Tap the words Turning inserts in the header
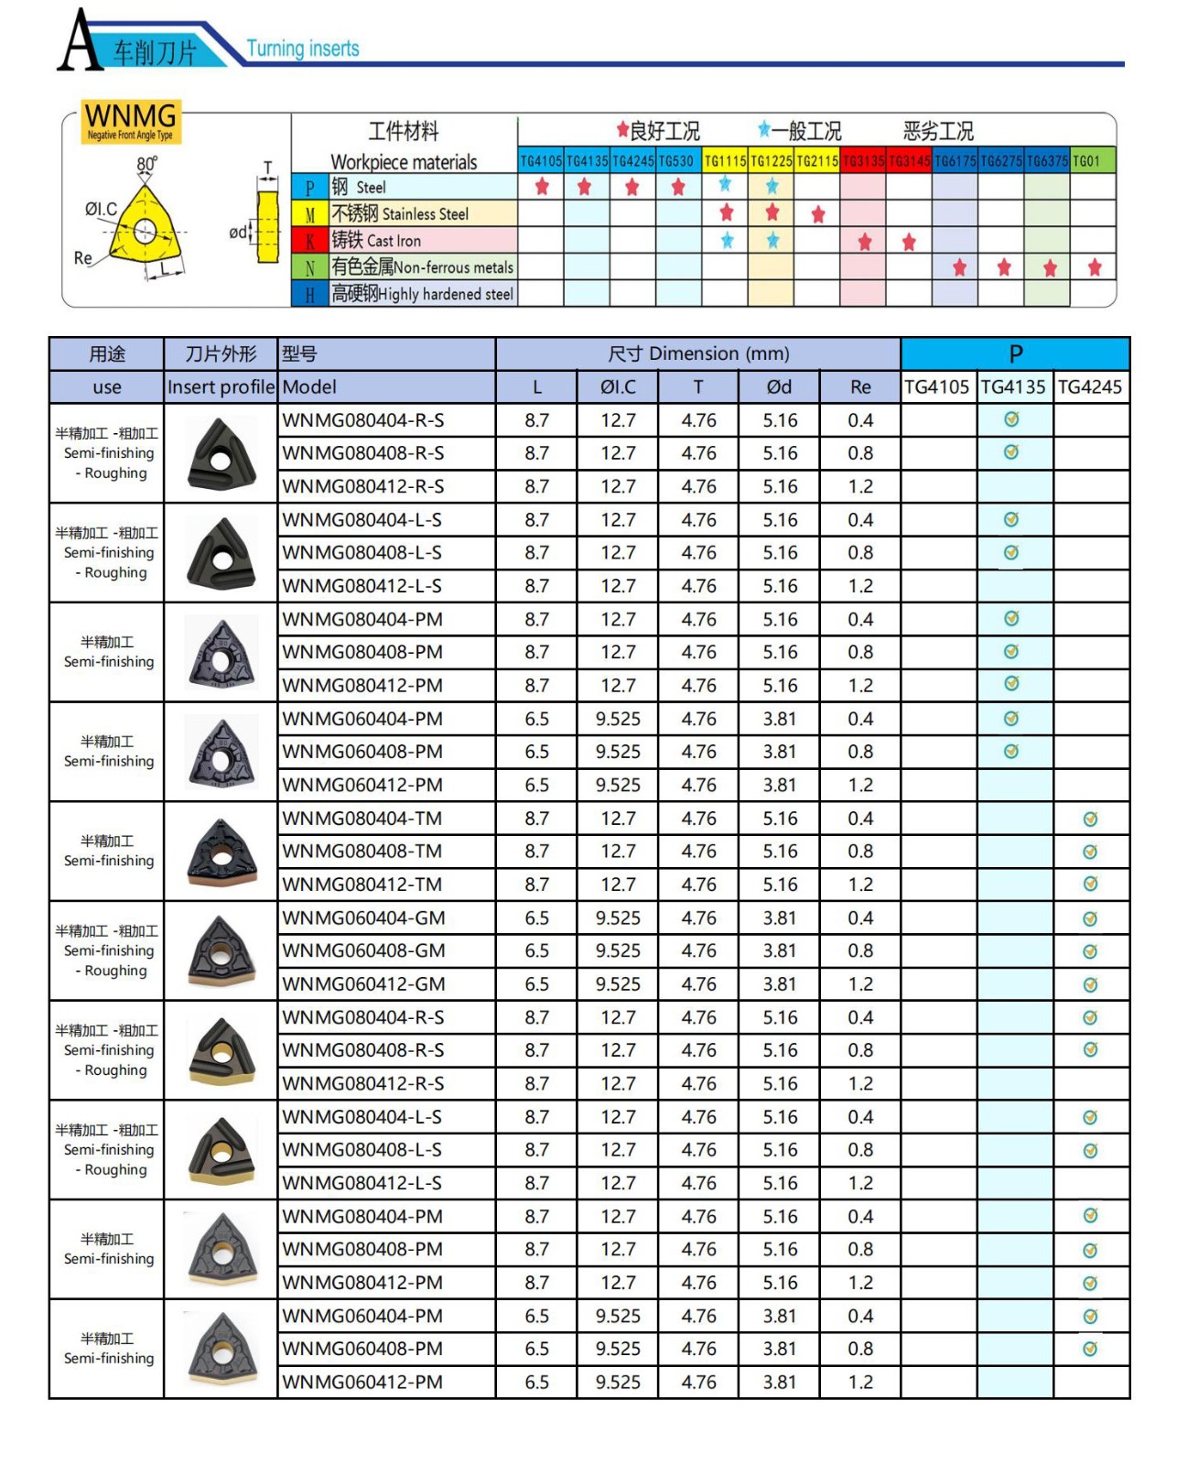303,49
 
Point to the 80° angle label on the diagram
146,164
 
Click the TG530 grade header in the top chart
677,161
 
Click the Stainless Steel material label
400,214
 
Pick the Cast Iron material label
376,241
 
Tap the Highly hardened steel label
423,294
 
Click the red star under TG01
1095,267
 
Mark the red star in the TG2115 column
818,214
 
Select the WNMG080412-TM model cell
362,884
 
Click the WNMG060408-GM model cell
364,950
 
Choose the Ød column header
779,387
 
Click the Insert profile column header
221,387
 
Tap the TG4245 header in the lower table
1090,387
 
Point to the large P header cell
1015,354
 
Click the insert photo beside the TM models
221,852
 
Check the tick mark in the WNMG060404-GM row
1090,918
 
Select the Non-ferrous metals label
422,267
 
